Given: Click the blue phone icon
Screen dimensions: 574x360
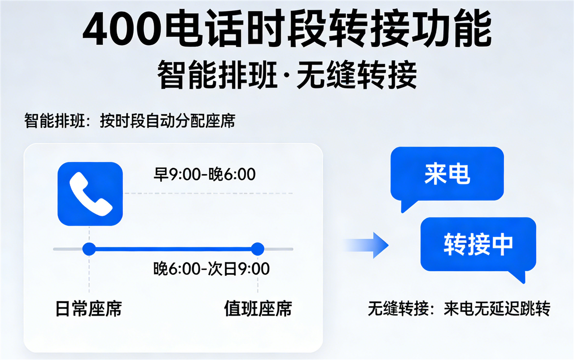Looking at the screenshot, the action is (x=90, y=194).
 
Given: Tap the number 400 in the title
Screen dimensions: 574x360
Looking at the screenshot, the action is (x=122, y=28).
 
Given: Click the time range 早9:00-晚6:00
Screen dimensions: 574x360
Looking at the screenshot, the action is (x=205, y=175).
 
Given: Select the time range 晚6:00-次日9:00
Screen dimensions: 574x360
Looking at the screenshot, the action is (x=211, y=269).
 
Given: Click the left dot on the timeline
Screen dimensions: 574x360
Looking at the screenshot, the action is (x=89, y=249).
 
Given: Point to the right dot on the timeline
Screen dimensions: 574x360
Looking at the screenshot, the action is (x=258, y=249).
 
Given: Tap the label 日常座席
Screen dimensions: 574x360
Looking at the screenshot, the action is (x=89, y=308).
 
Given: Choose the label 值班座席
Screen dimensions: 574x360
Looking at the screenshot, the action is (x=258, y=308).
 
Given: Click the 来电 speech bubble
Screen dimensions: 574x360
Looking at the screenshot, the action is (x=447, y=174).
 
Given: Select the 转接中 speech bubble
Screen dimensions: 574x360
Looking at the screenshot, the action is (x=478, y=244).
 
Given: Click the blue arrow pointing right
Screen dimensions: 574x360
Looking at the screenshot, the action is (x=366, y=245).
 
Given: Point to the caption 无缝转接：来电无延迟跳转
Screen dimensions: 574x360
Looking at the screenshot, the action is (x=459, y=308).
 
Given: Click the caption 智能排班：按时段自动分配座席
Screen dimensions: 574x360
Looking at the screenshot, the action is (x=130, y=120).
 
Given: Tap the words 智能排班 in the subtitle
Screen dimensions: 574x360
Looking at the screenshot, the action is (x=217, y=75).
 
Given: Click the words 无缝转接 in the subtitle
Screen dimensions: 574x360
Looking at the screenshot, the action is (x=357, y=75).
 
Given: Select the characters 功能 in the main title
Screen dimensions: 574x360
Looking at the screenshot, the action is (x=452, y=28).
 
